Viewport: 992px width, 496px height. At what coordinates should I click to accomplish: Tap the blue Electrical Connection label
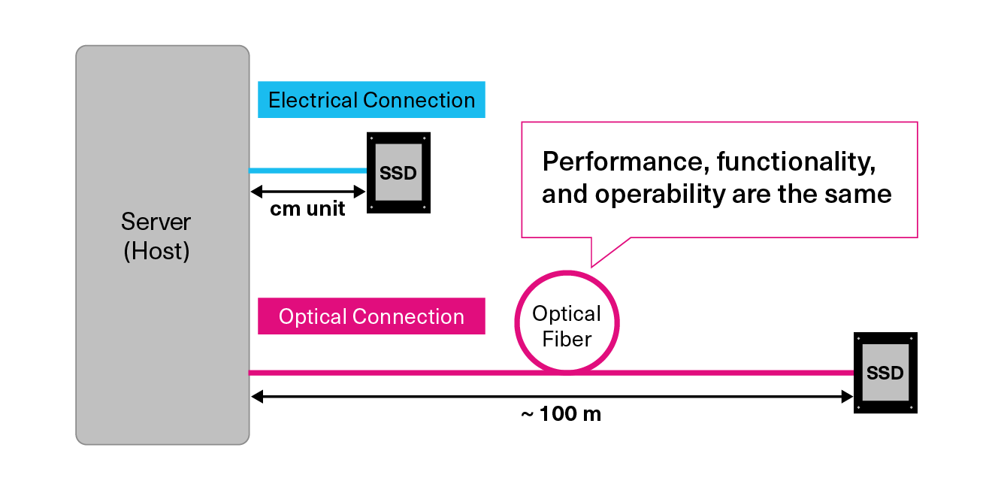point(371,100)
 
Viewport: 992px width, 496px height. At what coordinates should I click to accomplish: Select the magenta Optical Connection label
point(371,316)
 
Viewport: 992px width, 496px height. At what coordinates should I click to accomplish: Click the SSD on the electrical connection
point(398,173)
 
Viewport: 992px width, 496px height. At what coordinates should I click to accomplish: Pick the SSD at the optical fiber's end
point(885,373)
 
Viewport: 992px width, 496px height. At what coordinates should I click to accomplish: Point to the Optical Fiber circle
point(567,322)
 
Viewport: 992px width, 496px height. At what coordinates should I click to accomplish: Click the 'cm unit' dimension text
point(307,209)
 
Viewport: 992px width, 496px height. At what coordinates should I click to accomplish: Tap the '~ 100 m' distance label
point(561,414)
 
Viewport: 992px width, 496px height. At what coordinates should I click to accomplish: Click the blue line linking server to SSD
point(307,171)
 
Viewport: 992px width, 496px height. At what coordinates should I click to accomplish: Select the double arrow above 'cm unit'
point(307,191)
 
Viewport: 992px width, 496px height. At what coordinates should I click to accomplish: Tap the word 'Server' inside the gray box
point(156,222)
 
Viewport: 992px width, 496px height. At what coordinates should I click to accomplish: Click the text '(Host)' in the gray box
point(156,251)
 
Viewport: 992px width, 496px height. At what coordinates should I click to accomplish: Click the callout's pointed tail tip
point(592,265)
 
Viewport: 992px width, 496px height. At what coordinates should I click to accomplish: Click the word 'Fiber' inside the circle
point(567,339)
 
